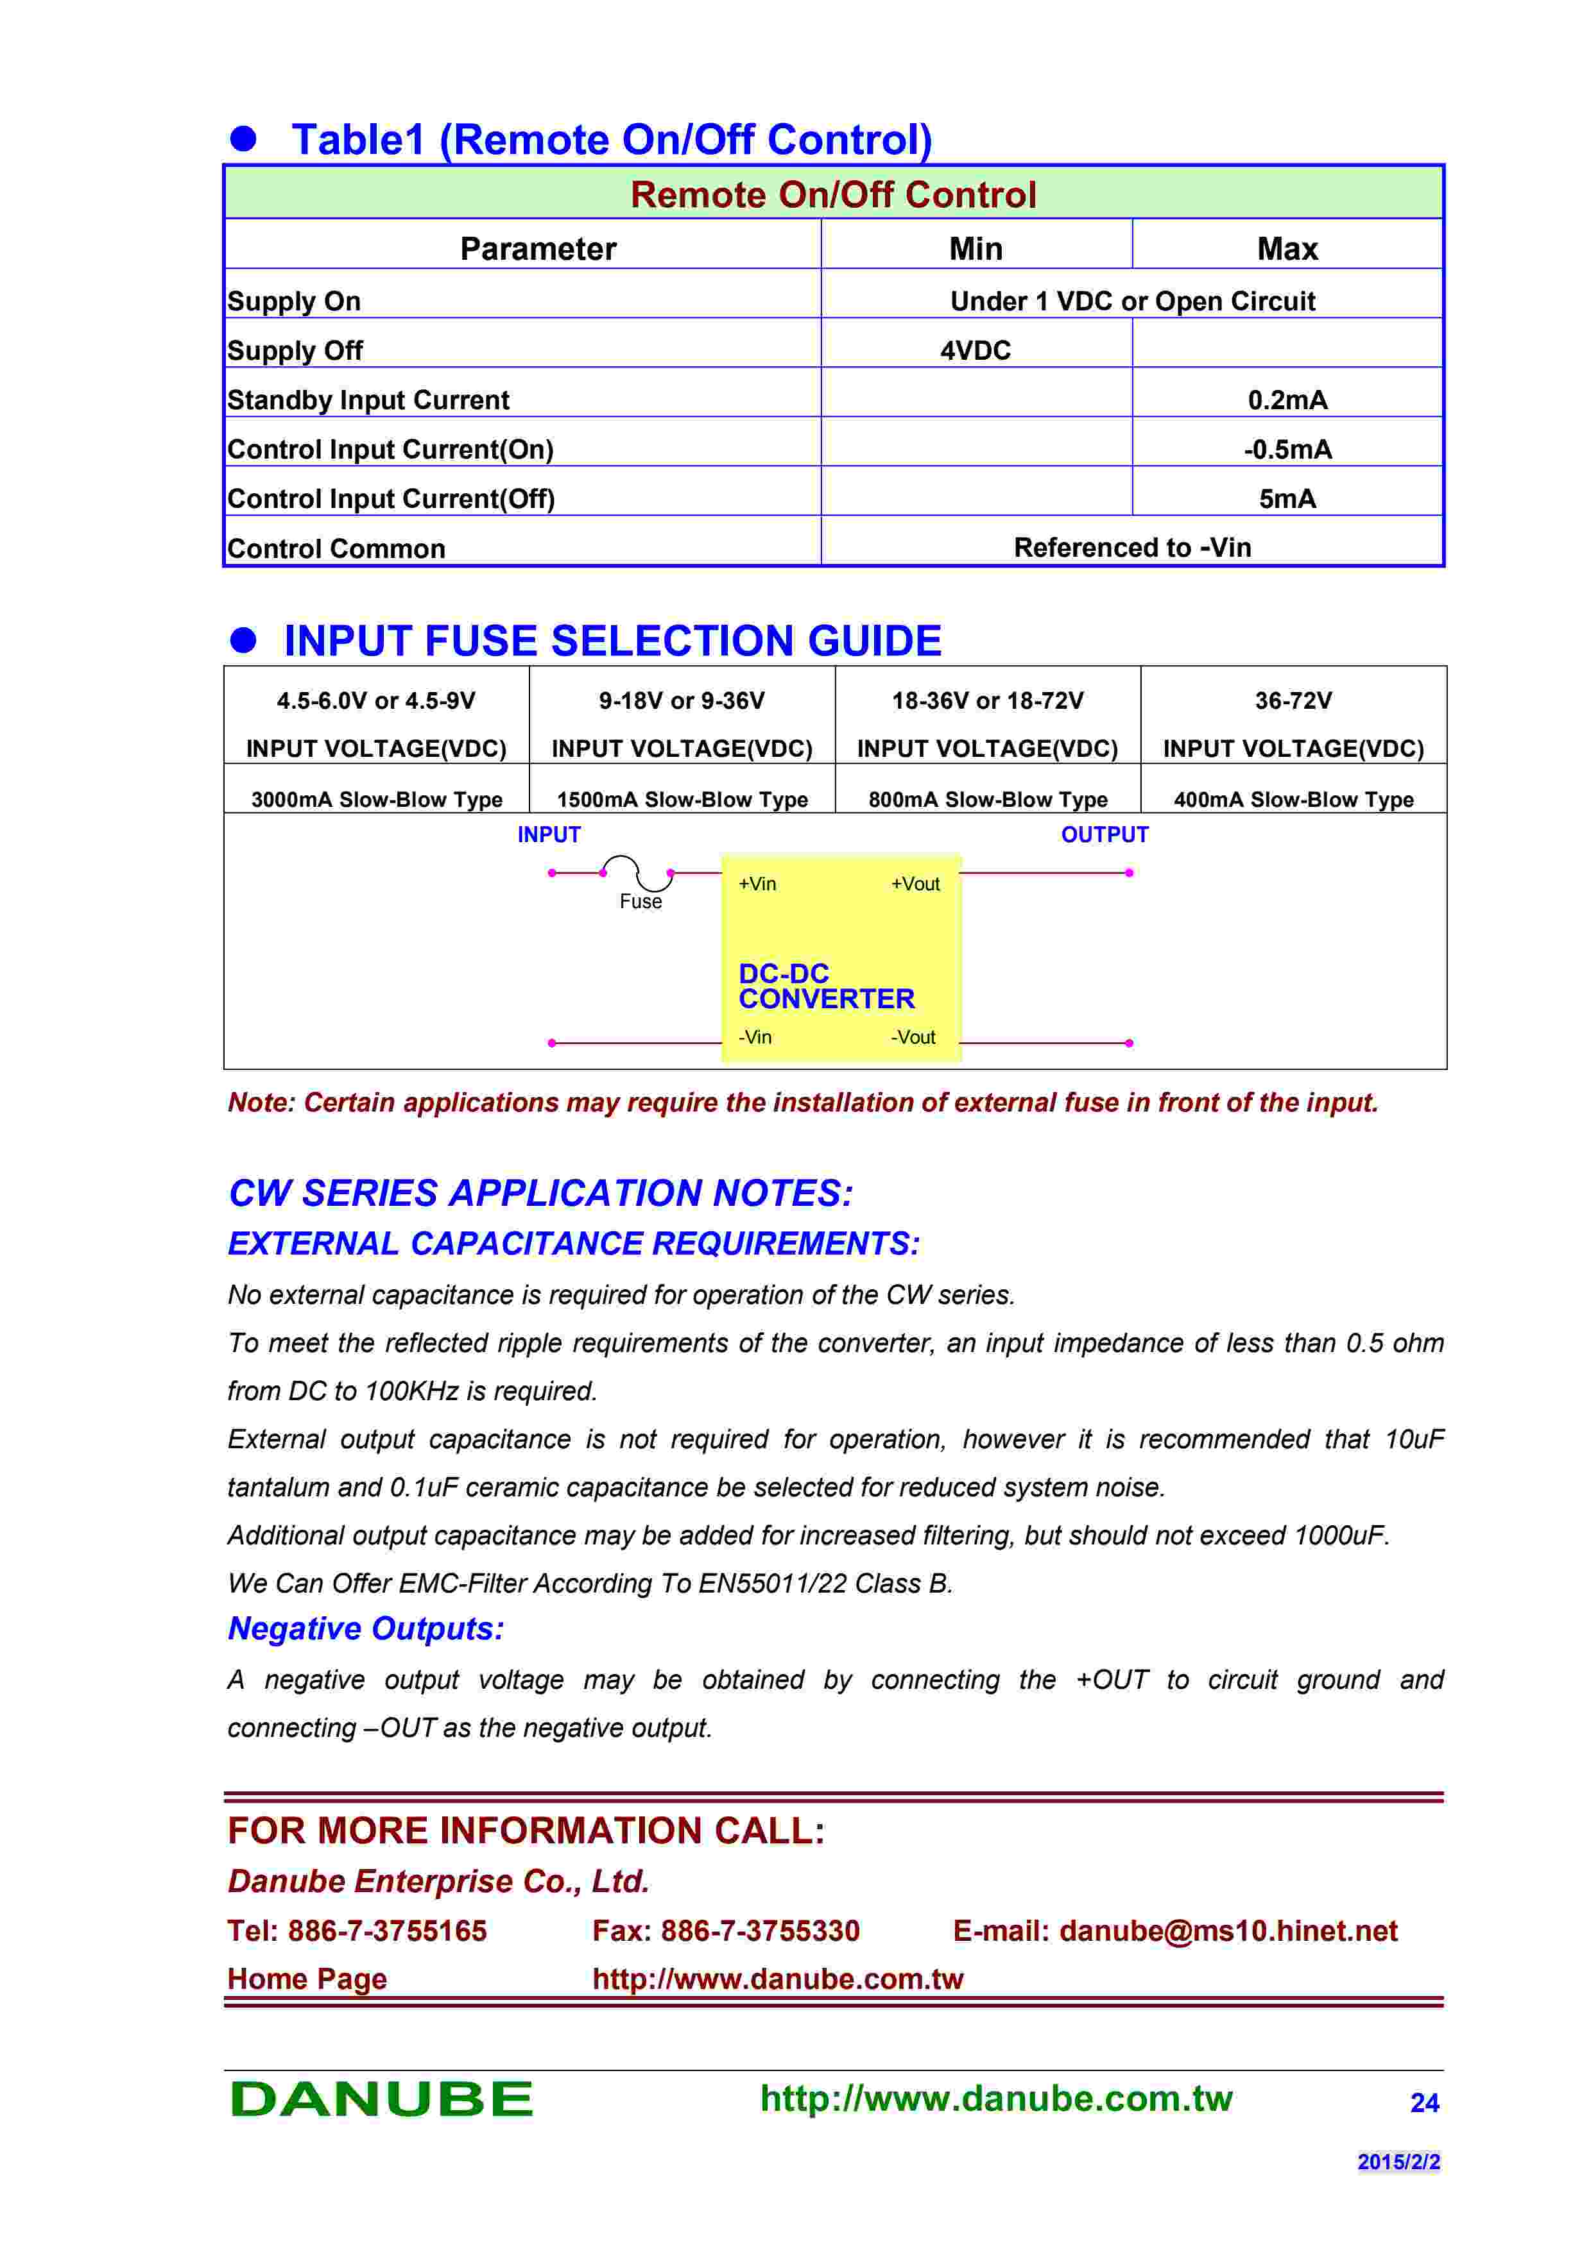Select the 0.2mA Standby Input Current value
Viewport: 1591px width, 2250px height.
point(1287,400)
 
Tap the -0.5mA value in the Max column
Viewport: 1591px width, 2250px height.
point(1287,450)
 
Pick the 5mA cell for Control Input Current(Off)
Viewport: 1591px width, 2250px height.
point(1287,499)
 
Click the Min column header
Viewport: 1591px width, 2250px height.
point(976,249)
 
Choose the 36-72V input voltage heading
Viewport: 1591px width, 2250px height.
point(1293,700)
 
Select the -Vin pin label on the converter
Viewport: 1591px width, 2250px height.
point(755,1036)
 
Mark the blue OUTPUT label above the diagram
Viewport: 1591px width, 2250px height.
point(1104,835)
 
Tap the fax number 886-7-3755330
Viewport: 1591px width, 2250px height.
point(760,1931)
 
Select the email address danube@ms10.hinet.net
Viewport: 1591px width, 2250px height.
point(1228,1931)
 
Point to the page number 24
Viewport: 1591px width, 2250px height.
point(1423,2103)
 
